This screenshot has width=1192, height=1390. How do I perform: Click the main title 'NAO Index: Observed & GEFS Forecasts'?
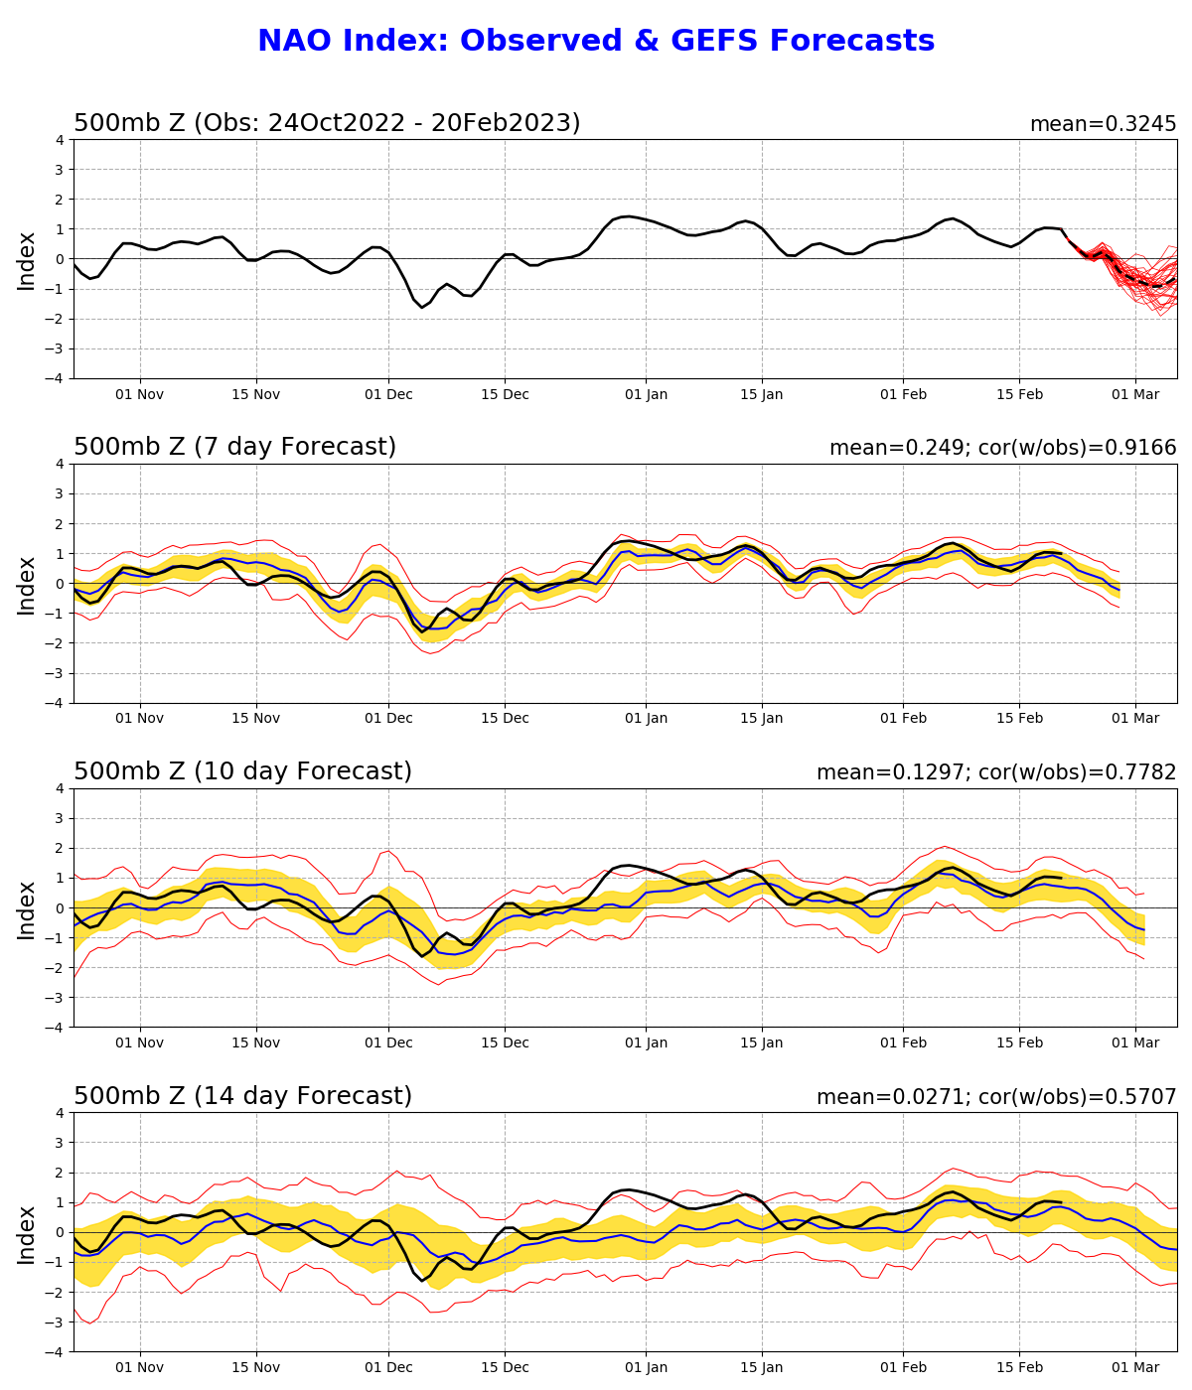[x=596, y=41]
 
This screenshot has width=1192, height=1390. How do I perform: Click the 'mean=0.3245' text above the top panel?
[x=1103, y=124]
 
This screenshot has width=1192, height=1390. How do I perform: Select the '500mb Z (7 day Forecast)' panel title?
[x=234, y=447]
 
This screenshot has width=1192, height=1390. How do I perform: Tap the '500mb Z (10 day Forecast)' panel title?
[x=242, y=771]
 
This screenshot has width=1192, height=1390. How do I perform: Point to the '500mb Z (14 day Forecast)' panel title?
[x=242, y=1096]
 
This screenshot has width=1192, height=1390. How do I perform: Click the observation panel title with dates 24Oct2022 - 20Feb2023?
[x=327, y=123]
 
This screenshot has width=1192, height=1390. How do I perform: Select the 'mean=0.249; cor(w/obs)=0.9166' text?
[x=1002, y=448]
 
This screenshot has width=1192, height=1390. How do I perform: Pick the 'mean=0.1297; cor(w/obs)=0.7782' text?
[x=996, y=772]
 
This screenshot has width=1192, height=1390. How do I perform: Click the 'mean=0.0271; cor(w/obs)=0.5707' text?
[x=996, y=1097]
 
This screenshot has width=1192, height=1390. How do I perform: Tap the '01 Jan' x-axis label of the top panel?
[x=646, y=394]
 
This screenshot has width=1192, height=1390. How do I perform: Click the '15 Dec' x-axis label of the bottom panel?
[x=505, y=1367]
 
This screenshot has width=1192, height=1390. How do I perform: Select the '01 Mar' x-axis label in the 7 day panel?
[x=1135, y=718]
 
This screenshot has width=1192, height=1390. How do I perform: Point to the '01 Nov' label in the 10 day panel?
[x=139, y=1042]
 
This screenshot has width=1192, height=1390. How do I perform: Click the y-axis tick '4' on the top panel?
[x=59, y=140]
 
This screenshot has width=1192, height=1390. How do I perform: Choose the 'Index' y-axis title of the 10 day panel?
[x=27, y=908]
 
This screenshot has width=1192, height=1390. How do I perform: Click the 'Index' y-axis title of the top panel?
[x=27, y=260]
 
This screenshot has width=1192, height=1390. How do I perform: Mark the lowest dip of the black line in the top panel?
[x=421, y=307]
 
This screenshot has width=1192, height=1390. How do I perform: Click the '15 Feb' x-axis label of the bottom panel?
[x=1019, y=1367]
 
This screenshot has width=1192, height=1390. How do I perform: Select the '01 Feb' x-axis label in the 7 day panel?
[x=903, y=718]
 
